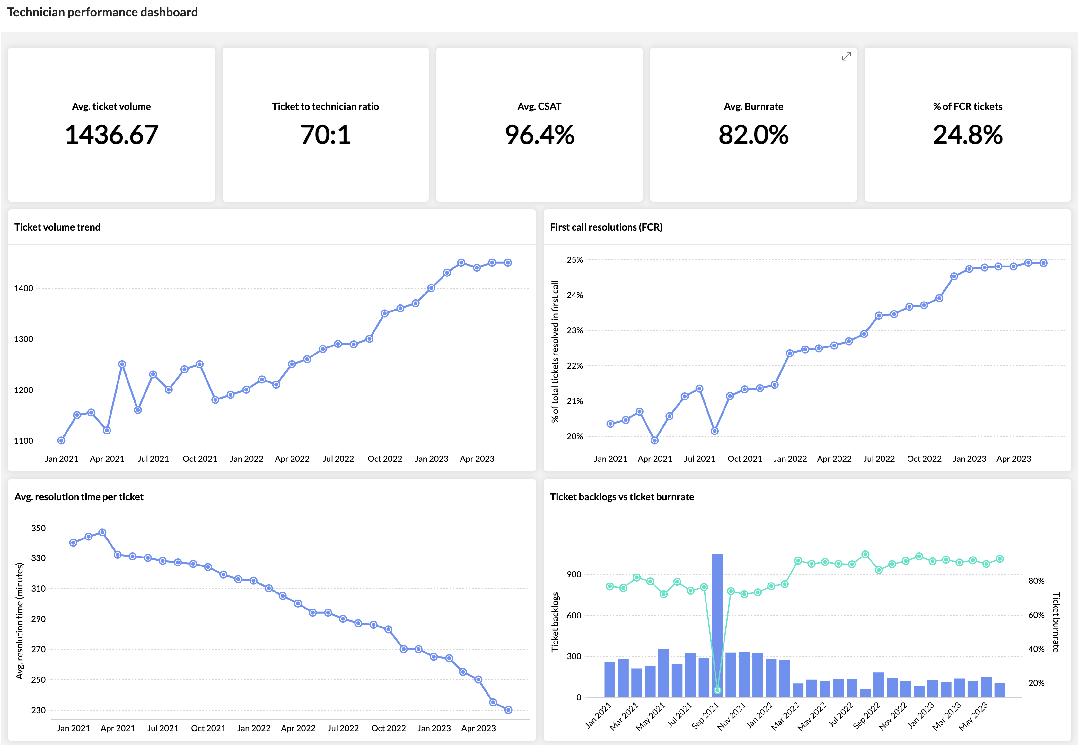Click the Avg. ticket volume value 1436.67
click(x=111, y=135)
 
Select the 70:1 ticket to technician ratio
click(x=325, y=135)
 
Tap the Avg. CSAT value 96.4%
click(x=539, y=135)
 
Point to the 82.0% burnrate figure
click(x=753, y=135)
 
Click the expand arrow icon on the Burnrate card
click(x=846, y=57)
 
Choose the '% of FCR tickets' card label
click(x=968, y=106)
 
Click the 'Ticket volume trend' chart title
click(x=57, y=227)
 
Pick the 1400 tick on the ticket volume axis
click(x=23, y=288)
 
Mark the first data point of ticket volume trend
click(x=61, y=441)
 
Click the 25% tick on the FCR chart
click(x=575, y=260)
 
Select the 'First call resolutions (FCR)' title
click(x=606, y=227)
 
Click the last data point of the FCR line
click(x=1044, y=263)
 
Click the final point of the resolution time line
click(x=509, y=710)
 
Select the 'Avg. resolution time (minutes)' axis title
click(x=19, y=621)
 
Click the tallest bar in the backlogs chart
click(x=717, y=626)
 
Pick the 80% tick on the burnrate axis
click(x=1036, y=581)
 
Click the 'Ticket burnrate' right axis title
click(x=1056, y=622)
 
